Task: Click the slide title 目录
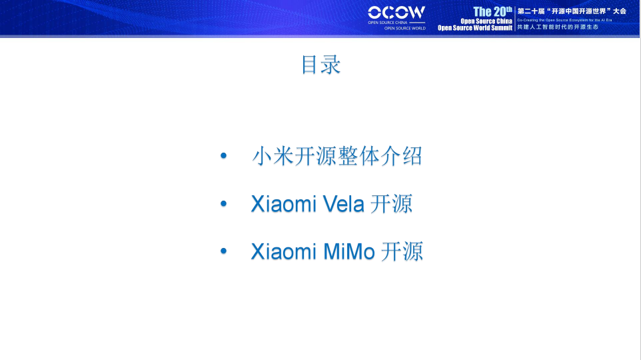pyautogui.click(x=320, y=65)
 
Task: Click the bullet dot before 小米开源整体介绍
pyautogui.click(x=223, y=157)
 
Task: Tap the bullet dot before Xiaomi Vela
pyautogui.click(x=223, y=204)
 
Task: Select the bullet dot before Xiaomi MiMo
pyautogui.click(x=223, y=252)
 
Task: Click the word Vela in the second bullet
pyautogui.click(x=343, y=204)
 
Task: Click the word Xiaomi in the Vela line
pyautogui.click(x=283, y=204)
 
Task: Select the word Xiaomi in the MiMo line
pyautogui.click(x=283, y=252)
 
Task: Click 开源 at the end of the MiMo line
pyautogui.click(x=402, y=252)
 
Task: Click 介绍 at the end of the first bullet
pyautogui.click(x=402, y=157)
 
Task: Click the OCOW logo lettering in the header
pyautogui.click(x=396, y=12)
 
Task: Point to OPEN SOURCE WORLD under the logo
pyautogui.click(x=404, y=29)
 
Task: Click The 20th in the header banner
pyautogui.click(x=492, y=11)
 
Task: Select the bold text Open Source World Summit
pyautogui.click(x=474, y=28)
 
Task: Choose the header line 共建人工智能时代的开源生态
pyautogui.click(x=558, y=27)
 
